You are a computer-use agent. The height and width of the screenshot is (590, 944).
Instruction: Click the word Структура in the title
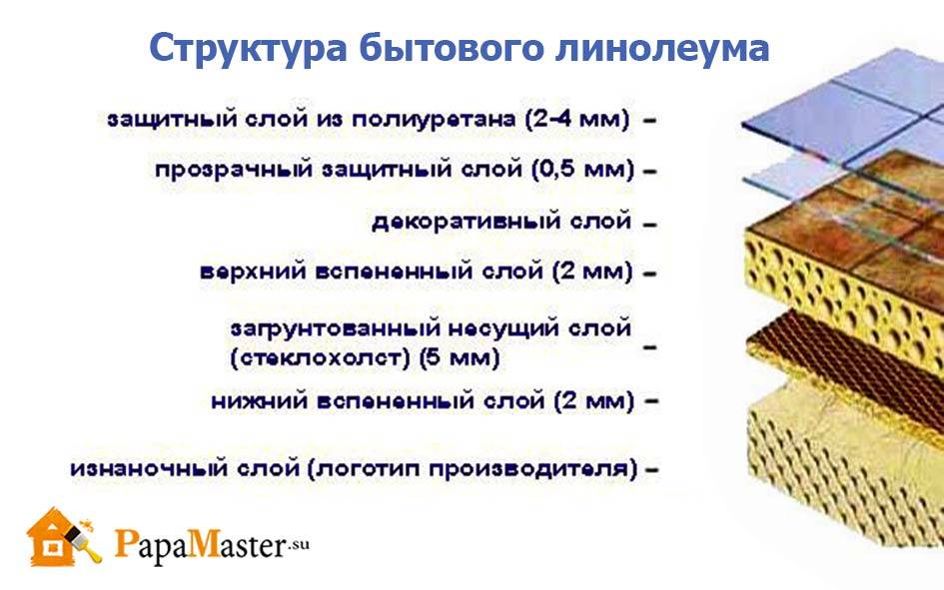pos(248,49)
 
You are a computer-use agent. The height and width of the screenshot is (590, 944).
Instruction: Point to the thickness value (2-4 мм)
pos(577,119)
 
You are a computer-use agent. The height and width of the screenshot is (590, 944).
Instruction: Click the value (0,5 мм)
pos(582,170)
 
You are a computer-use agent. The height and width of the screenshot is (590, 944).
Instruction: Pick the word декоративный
pos(467,222)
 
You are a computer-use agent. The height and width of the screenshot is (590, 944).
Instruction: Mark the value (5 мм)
pos(460,358)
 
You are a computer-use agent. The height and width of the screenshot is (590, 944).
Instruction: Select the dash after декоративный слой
pos(649,225)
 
